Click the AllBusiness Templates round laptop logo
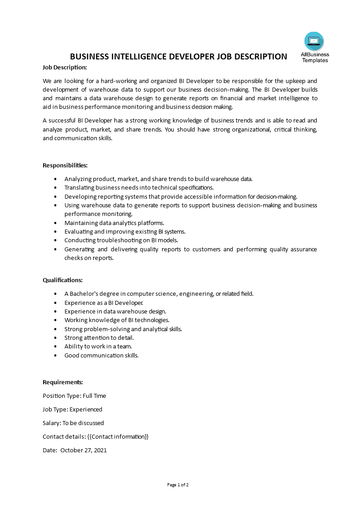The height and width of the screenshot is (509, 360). tap(314, 41)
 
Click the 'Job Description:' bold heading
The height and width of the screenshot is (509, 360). tap(64, 67)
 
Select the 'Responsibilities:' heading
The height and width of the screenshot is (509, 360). tap(65, 165)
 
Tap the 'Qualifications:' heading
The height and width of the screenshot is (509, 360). tap(63, 280)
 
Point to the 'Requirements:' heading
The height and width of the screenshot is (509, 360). tap(63, 382)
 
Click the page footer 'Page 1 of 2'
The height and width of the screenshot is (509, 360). tap(178, 485)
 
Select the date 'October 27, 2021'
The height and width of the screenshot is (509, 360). tap(84, 450)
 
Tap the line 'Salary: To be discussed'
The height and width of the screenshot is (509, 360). tap(73, 423)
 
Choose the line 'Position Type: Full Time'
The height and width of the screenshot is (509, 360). tap(74, 396)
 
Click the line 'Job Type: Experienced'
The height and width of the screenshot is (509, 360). tap(72, 409)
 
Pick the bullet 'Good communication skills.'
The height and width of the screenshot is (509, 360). tap(101, 355)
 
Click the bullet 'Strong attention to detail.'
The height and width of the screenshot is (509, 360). tap(99, 338)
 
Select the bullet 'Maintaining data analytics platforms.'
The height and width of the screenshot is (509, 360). tap(114, 223)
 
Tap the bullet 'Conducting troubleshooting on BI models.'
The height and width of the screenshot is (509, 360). tap(121, 240)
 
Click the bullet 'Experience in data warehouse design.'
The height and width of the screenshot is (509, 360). tap(115, 311)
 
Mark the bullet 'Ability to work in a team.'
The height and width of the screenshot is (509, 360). tap(98, 346)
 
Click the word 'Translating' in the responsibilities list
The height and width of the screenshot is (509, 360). tap(79, 187)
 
